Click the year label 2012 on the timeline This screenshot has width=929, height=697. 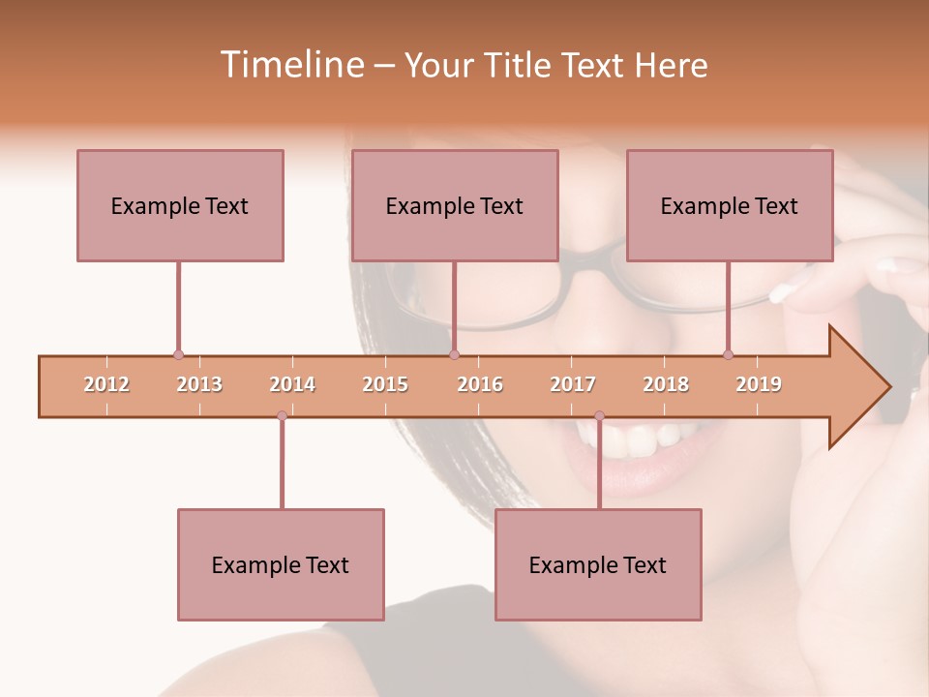tap(106, 384)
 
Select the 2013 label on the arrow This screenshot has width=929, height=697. tap(199, 384)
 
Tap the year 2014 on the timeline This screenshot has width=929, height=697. tap(292, 384)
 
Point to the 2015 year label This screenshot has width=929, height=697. tap(385, 384)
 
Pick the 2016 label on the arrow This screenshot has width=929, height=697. tap(480, 384)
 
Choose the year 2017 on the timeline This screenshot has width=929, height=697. tap(573, 384)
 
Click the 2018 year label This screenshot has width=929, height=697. tap(666, 384)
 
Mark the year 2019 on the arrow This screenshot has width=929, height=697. tap(759, 384)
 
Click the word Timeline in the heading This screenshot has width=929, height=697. tap(289, 65)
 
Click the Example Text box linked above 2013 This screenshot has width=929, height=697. tap(180, 205)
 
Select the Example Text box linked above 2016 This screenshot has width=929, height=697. tap(455, 205)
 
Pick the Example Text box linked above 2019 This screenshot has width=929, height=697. tap(730, 205)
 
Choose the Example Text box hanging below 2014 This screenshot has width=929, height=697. tap(281, 564)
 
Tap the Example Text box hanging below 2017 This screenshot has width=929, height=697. tap(598, 564)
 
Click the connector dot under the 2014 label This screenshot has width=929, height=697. tap(282, 415)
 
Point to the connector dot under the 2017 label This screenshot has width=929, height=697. tap(599, 415)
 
